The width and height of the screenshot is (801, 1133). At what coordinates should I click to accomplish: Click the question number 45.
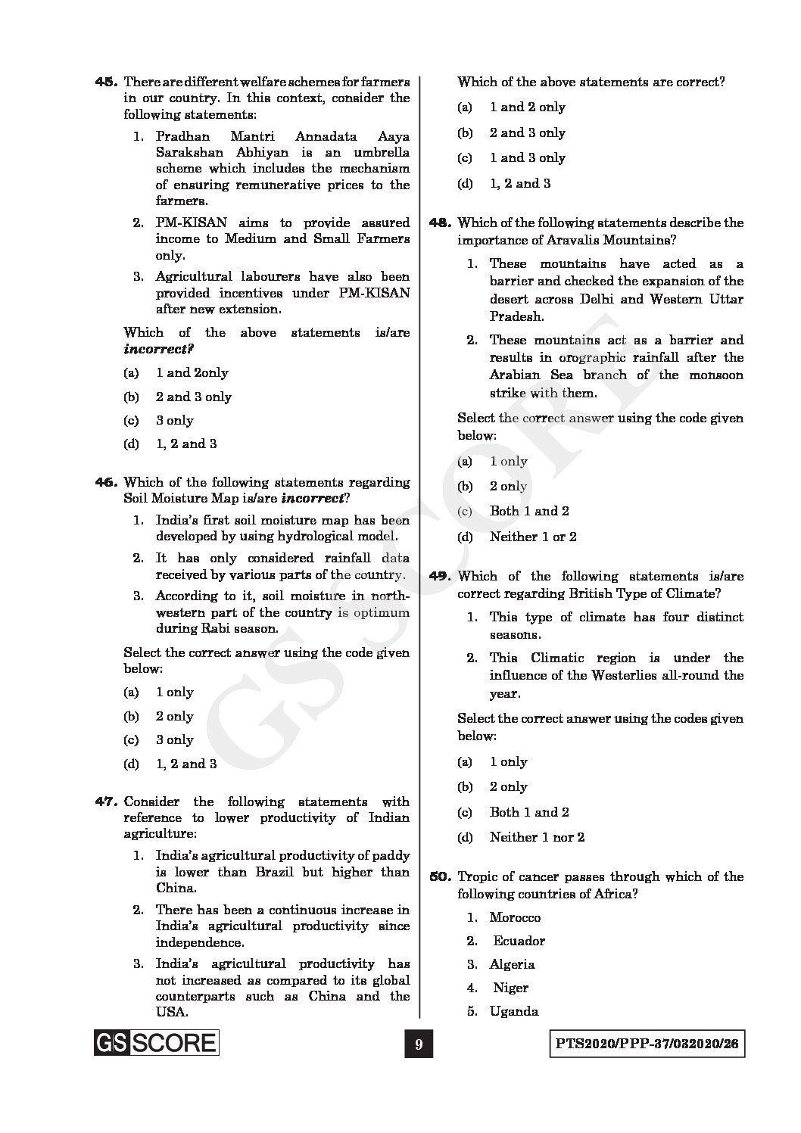click(x=104, y=81)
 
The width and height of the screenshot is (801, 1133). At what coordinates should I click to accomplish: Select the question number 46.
click(x=104, y=482)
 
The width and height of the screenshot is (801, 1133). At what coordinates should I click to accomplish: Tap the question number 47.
click(x=104, y=802)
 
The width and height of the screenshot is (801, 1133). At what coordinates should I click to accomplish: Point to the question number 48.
click(x=440, y=223)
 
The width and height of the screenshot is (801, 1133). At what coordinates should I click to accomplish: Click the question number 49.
click(x=440, y=577)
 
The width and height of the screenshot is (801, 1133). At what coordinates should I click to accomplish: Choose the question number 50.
click(x=440, y=877)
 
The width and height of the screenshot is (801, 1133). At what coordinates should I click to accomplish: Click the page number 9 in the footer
click(x=417, y=1045)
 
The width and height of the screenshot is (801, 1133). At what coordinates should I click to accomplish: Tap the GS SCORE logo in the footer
click(x=156, y=1043)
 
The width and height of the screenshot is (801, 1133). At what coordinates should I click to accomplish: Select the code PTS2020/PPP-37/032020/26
click(x=646, y=1045)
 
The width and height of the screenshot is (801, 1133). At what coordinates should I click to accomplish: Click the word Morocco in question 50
click(x=515, y=917)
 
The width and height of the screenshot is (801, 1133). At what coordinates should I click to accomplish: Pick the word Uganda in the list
click(x=514, y=1011)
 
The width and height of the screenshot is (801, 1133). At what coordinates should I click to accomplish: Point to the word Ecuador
click(x=519, y=941)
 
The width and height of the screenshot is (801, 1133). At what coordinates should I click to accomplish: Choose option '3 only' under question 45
click(x=175, y=420)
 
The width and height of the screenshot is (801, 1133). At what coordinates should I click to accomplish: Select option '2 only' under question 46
click(x=175, y=716)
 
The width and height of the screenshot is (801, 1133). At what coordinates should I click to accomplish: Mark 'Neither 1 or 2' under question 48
click(x=533, y=537)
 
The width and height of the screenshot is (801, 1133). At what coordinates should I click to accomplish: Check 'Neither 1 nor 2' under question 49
click(x=537, y=837)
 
